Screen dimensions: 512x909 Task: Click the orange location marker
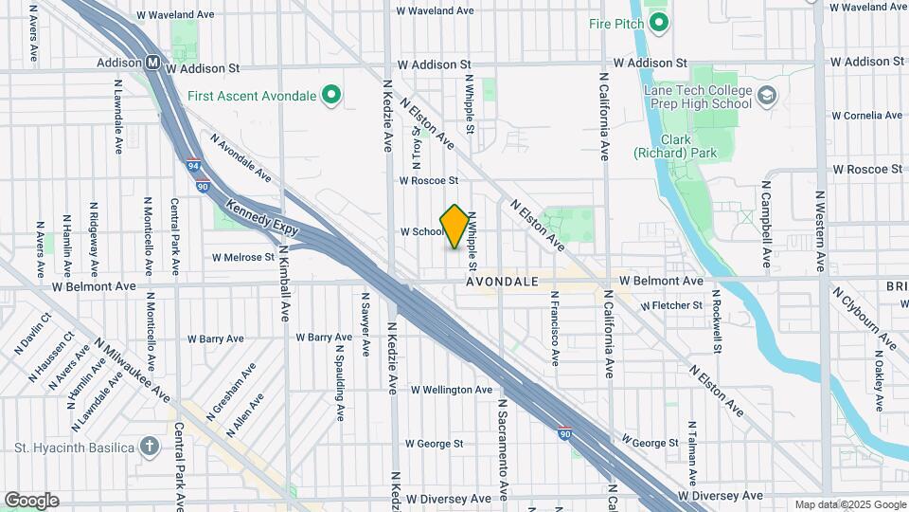pos(455,227)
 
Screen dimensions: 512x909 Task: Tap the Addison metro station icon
pos(152,63)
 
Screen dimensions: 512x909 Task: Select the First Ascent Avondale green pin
pos(330,95)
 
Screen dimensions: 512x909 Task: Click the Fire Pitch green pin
pos(660,23)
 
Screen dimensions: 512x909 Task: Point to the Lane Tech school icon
pos(766,96)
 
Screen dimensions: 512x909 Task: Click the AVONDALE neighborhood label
pos(502,282)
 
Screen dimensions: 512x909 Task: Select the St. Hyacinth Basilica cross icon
pos(149,446)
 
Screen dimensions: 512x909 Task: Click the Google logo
pos(31,500)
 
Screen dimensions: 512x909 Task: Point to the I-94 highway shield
pos(193,165)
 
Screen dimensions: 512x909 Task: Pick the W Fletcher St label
pos(671,305)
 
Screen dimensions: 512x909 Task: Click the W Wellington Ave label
pos(452,390)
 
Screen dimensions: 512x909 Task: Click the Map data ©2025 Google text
pos(849,504)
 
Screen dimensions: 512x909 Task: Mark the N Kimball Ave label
pos(284,284)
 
